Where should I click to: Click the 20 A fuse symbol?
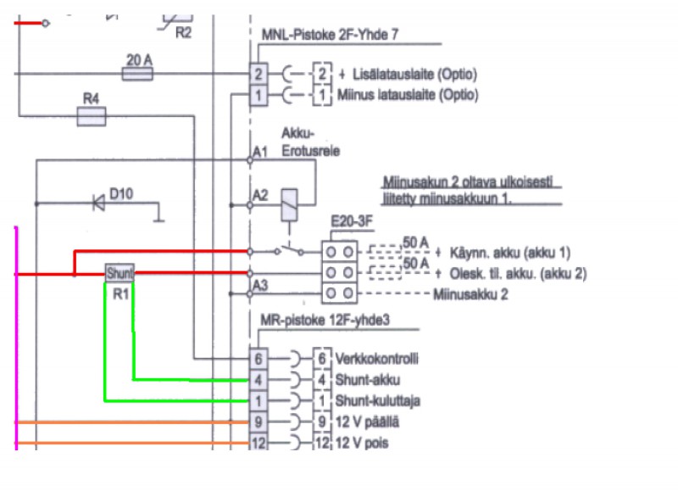coord(137,74)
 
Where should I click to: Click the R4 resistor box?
coord(91,118)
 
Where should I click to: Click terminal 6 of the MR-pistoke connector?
coord(259,358)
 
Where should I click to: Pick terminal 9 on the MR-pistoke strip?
coord(259,421)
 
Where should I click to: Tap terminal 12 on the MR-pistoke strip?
coord(259,442)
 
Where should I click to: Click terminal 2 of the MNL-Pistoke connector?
coord(259,74)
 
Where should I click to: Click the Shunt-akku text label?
coord(369,379)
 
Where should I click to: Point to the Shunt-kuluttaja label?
coord(378,400)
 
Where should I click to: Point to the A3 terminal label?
coord(259,285)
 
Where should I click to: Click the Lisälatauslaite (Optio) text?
coord(407,75)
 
